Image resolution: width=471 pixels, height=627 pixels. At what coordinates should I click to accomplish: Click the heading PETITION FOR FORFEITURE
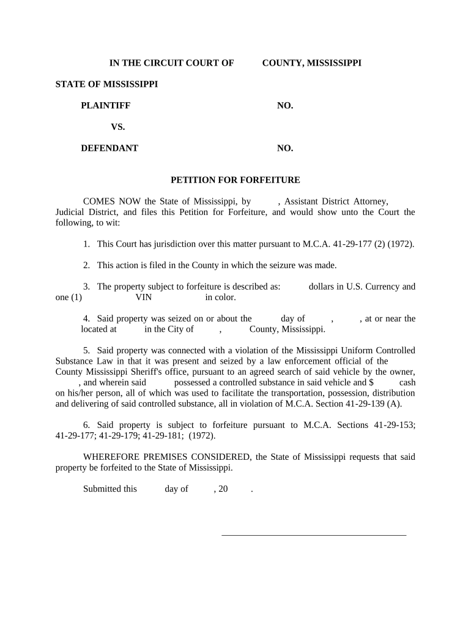coord(235,180)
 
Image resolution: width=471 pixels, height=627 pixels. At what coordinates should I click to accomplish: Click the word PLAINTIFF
coord(105,105)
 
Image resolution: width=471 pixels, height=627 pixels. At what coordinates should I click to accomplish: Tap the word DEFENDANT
coord(109,148)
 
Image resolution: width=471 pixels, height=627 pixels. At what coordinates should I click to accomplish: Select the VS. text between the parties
coord(117,127)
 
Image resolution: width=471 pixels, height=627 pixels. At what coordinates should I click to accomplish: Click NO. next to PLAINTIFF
coord(285,105)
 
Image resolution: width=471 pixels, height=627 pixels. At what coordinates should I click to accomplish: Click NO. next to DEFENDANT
coord(285,148)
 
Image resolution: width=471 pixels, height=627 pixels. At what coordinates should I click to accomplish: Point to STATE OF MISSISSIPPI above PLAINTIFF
coord(106,84)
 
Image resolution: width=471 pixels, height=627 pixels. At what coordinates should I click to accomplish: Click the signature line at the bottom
coord(313,535)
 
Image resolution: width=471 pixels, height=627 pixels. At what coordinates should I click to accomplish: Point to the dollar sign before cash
coord(371,382)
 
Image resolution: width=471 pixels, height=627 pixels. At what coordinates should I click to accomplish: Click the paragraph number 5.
coord(87,350)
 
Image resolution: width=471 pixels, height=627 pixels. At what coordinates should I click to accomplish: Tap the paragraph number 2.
coord(87,265)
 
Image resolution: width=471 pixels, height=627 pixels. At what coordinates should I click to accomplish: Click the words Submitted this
coord(110,489)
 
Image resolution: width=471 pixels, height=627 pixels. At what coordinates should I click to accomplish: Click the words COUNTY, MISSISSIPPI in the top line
coord(311,62)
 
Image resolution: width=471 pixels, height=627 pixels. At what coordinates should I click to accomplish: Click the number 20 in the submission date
coord(223,489)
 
